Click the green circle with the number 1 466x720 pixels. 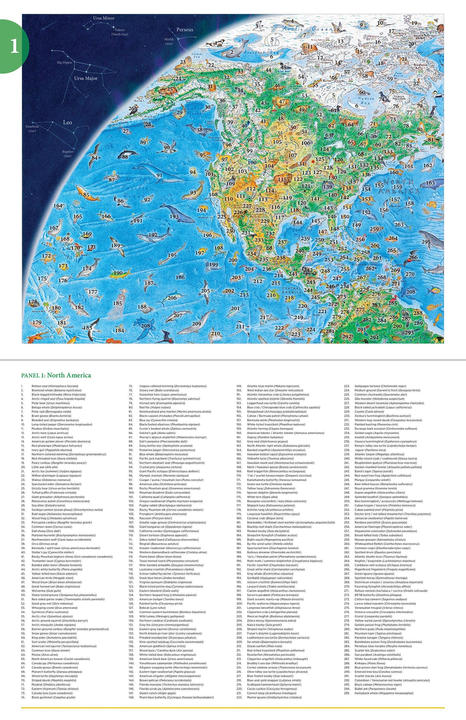click(x=14, y=46)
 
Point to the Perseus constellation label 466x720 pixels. click(x=185, y=30)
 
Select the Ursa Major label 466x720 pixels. click(x=86, y=78)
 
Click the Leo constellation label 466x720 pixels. click(x=67, y=122)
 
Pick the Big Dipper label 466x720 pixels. click(x=65, y=63)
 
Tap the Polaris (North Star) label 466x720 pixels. click(x=120, y=32)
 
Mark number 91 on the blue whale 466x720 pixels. click(x=159, y=175)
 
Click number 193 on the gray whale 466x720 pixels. click(x=174, y=217)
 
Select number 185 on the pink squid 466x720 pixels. click(x=118, y=303)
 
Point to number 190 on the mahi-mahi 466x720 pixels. click(x=118, y=273)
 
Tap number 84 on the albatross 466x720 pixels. click(x=95, y=158)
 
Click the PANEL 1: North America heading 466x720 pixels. click(x=56, y=375)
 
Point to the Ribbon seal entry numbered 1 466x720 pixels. click(x=55, y=386)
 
